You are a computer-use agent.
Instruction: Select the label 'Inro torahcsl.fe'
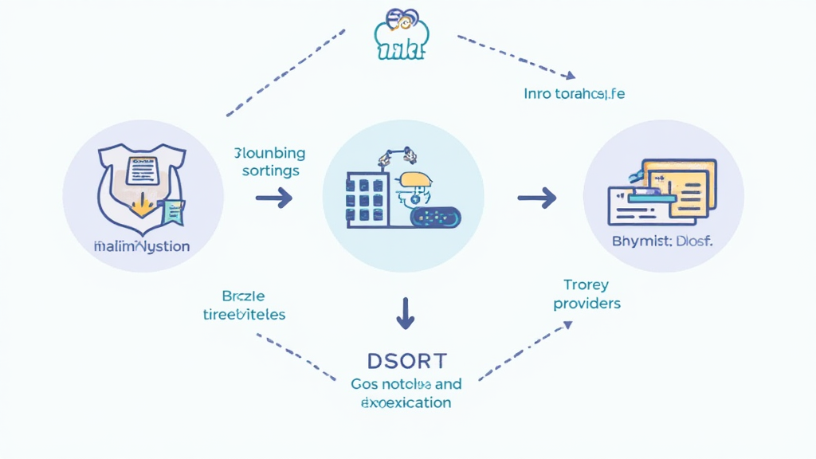(574, 93)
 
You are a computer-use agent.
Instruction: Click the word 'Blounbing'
(269, 153)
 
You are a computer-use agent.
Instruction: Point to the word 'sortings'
(270, 171)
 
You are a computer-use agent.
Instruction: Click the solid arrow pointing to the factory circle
(273, 197)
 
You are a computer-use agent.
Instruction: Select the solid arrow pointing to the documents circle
(537, 197)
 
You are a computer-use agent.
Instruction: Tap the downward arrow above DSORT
(406, 313)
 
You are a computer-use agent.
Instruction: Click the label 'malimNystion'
(141, 246)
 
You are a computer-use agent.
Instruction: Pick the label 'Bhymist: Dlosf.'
(662, 241)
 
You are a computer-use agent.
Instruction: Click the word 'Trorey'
(586, 284)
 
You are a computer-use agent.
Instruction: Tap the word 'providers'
(586, 303)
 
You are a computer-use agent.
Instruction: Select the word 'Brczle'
(243, 296)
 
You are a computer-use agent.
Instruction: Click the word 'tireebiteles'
(243, 314)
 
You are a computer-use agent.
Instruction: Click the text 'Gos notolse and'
(406, 384)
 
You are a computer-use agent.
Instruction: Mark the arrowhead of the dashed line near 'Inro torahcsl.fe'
(569, 76)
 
